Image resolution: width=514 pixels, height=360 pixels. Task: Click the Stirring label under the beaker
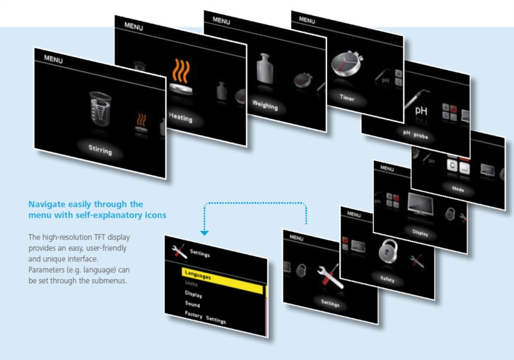pos(100,150)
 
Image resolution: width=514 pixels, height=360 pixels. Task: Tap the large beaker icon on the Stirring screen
pos(100,109)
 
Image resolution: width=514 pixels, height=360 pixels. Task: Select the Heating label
pos(181,117)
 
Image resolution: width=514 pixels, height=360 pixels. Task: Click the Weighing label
pos(265,105)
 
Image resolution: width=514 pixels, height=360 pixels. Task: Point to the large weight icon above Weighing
pos(265,68)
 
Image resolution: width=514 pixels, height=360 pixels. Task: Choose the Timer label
pos(347,97)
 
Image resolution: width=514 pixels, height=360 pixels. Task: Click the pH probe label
pos(415,134)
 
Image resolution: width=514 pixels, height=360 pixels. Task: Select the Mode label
pos(458,189)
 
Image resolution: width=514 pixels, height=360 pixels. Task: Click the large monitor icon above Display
pos(420,204)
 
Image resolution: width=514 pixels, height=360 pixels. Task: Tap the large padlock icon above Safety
pos(388,251)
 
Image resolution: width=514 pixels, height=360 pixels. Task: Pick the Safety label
pos(387,279)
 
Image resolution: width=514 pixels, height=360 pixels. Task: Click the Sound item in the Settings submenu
pos(192,304)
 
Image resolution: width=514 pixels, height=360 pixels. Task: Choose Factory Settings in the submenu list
pos(205,317)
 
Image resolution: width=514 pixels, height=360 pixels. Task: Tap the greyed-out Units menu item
pos(191,283)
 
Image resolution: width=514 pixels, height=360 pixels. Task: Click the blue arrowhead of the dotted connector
pos(204,233)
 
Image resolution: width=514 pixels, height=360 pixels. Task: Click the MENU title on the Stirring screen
pos(53,59)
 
